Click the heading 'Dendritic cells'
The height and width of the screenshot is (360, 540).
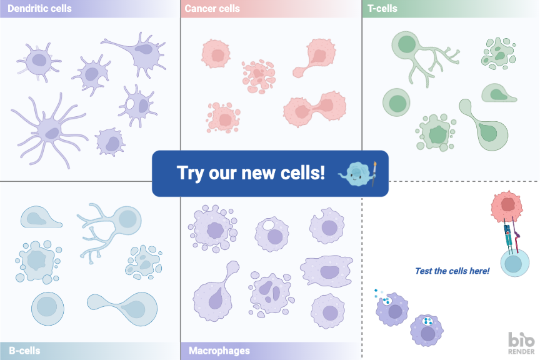tap(40, 9)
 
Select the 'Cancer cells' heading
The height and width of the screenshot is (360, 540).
tap(212, 9)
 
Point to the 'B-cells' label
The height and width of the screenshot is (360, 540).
tap(24, 351)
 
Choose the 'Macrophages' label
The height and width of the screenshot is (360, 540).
tap(219, 351)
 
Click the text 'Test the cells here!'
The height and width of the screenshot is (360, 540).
tap(452, 271)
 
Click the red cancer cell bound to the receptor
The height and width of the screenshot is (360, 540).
tap(506, 207)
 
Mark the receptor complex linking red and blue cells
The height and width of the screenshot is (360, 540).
tap(508, 236)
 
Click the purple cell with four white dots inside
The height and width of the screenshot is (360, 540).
tap(427, 328)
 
